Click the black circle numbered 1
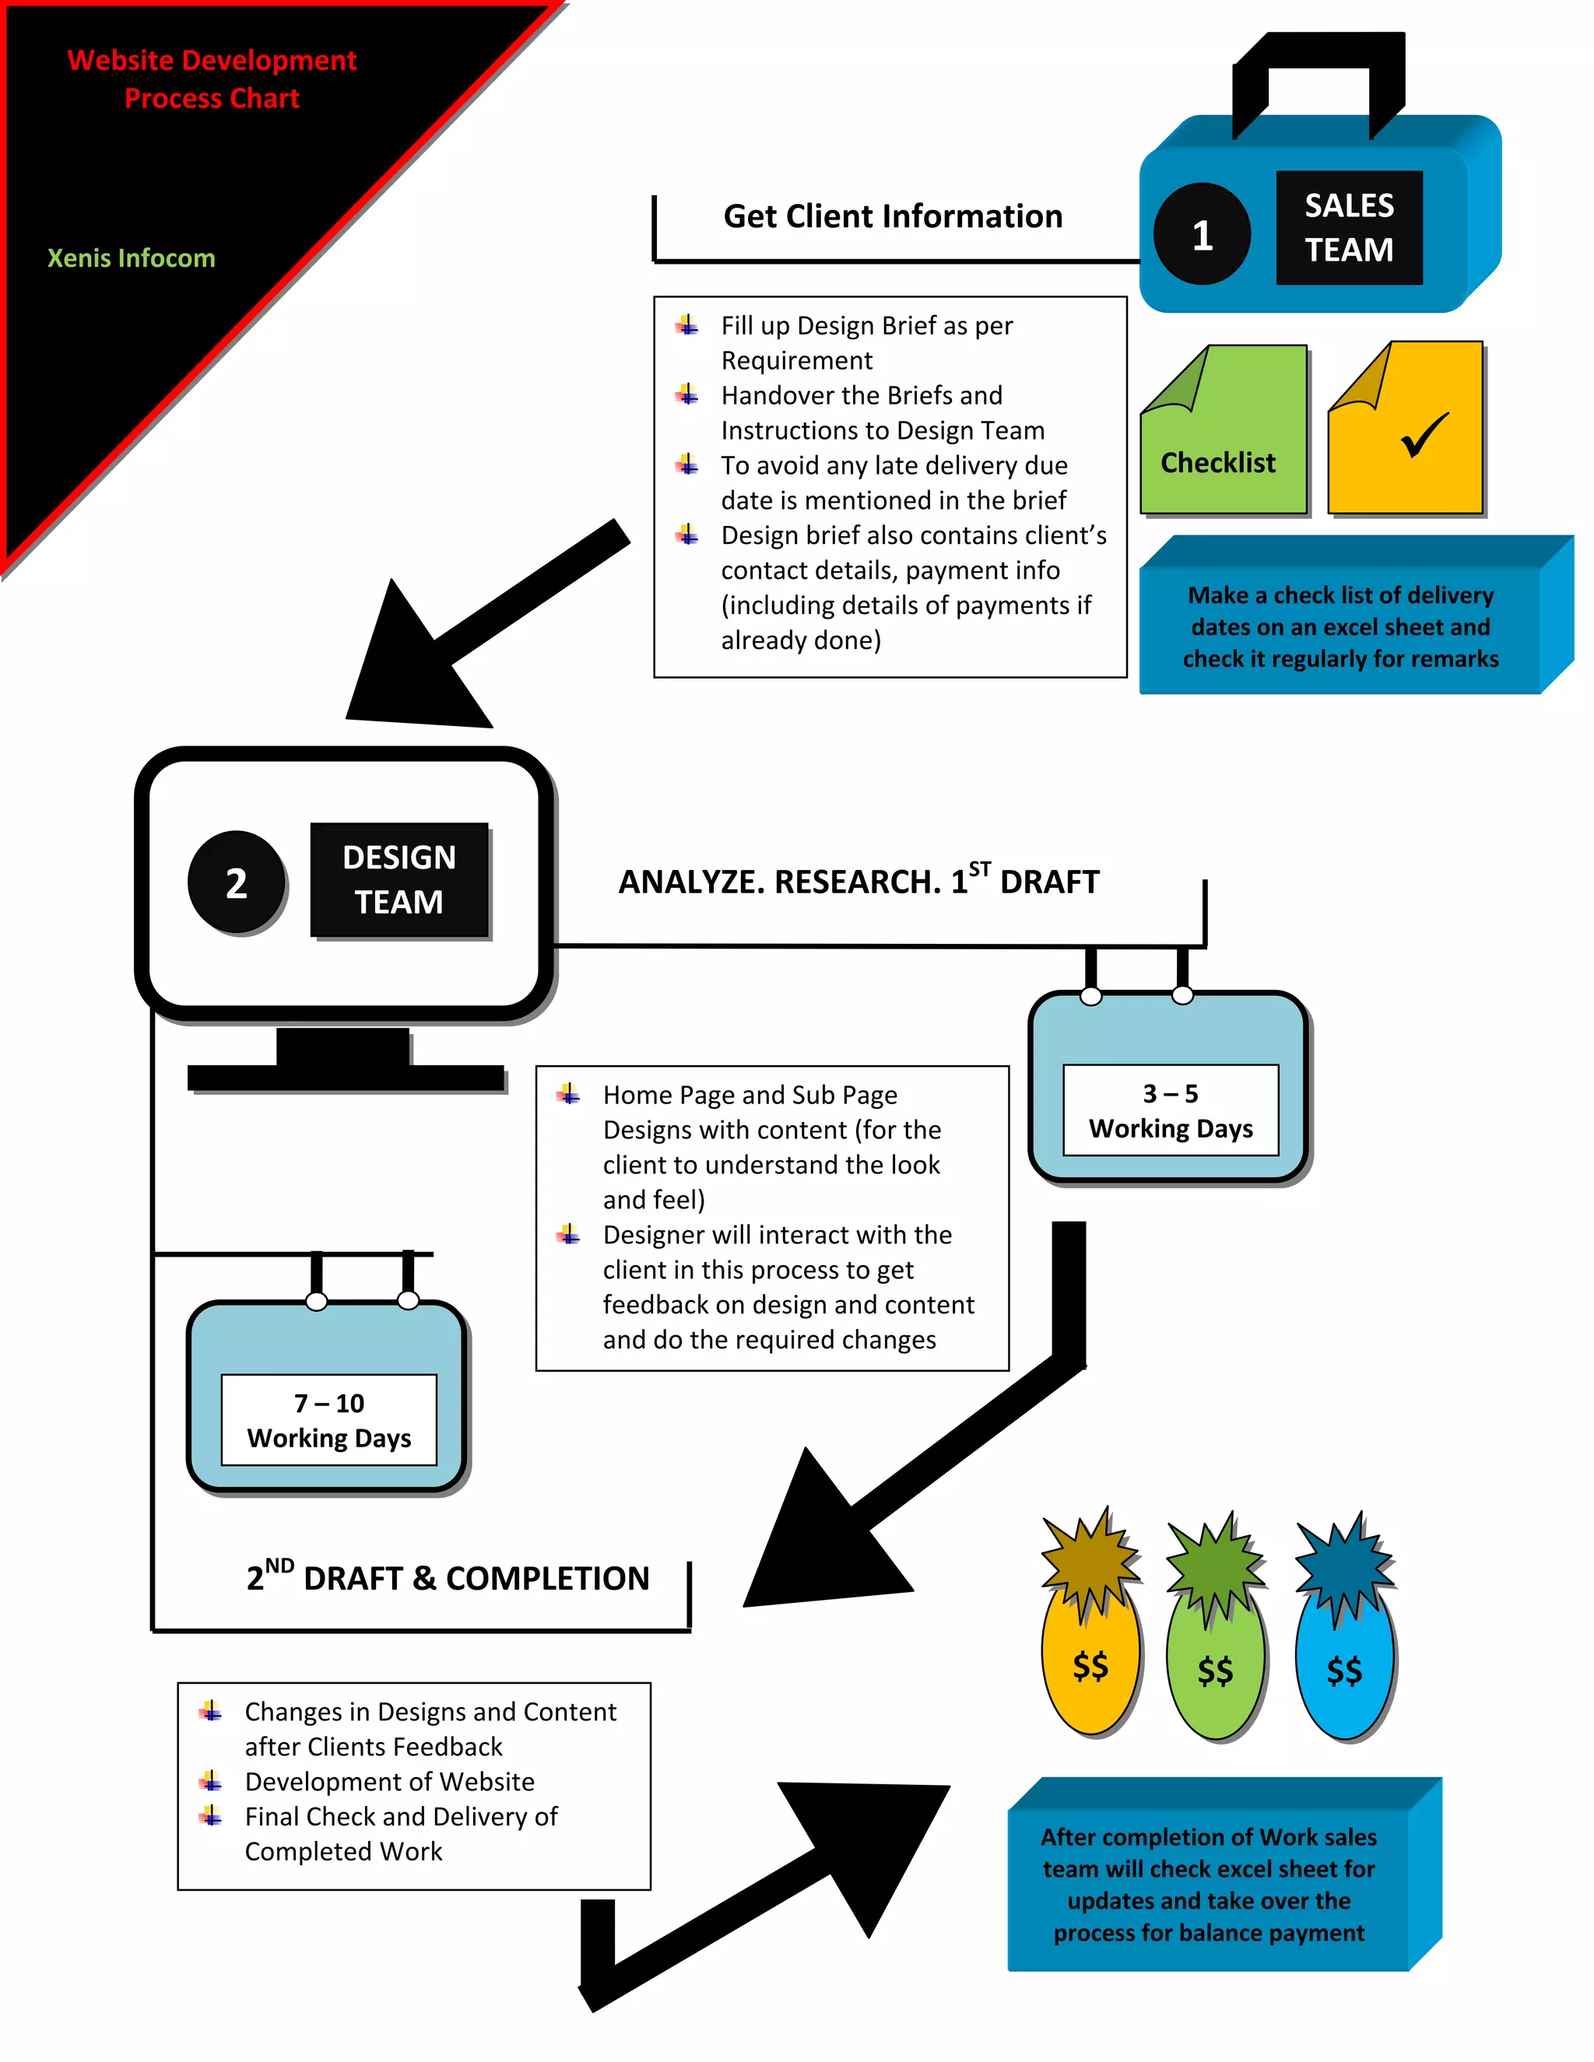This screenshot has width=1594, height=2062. click(x=1201, y=234)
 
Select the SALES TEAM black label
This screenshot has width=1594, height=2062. click(x=1349, y=227)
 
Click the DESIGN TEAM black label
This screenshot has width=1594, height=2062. click(x=398, y=879)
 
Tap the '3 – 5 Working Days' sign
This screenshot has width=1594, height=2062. click(x=1170, y=1110)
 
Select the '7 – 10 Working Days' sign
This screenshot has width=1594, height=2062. click(x=328, y=1420)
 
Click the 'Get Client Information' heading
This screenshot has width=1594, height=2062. click(x=893, y=216)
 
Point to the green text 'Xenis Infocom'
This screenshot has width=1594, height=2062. click(x=132, y=258)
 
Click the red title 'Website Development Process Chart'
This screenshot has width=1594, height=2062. click(x=212, y=79)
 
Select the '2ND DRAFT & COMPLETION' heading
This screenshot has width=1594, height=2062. click(x=448, y=1578)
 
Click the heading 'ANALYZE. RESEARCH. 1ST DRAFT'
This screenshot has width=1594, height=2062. click(x=858, y=880)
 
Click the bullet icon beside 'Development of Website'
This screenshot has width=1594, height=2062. click(x=211, y=1780)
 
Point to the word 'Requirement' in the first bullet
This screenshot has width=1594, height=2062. click(x=796, y=361)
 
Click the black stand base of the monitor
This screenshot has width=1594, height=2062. click(x=346, y=1076)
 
